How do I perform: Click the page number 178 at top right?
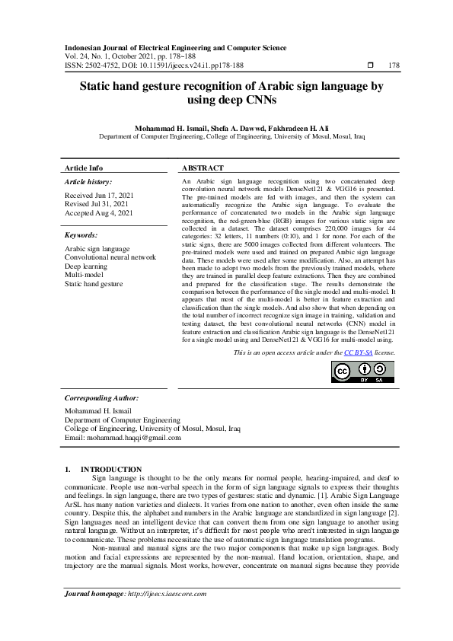(394, 65)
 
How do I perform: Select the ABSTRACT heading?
(203, 167)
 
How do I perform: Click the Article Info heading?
(84, 167)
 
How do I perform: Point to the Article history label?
(88, 183)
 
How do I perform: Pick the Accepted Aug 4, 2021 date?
(99, 213)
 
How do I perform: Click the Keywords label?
(81, 236)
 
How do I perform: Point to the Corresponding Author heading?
(101, 398)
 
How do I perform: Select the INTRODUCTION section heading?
(111, 469)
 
